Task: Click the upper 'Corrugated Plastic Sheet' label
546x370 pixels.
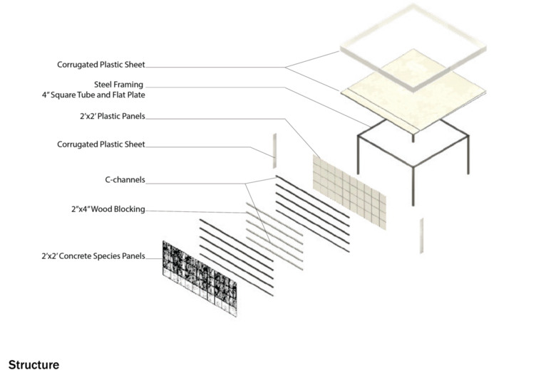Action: (101, 65)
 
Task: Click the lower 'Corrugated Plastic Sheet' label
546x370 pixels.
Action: (101, 144)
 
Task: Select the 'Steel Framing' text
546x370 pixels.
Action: (124, 85)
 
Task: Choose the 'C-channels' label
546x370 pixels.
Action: (125, 180)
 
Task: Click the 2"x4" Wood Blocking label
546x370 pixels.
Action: (108, 209)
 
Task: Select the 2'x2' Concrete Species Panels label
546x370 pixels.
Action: (93, 256)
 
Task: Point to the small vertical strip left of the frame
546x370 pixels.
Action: (272, 147)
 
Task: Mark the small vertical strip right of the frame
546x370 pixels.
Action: (422, 235)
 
